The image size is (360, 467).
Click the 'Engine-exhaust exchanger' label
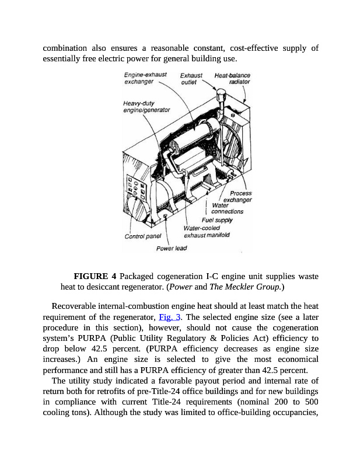[145, 78]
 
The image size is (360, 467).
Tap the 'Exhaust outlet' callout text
[191, 78]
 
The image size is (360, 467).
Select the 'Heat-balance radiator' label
[233, 78]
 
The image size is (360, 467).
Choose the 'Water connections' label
[226, 208]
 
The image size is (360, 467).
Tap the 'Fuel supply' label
[217, 220]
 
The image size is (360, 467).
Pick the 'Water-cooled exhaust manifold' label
[206, 231]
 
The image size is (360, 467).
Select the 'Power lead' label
[172, 248]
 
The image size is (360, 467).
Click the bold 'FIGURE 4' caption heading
[96, 276]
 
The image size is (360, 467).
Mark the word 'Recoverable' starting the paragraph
[75, 306]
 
